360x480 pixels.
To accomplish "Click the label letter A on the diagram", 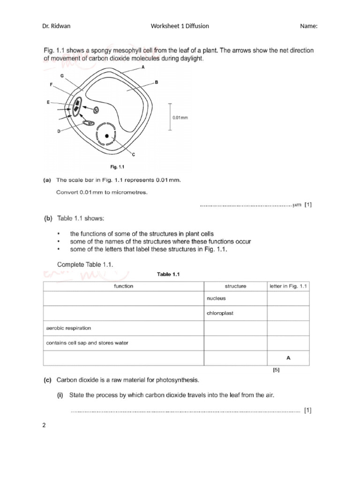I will [x=143, y=67].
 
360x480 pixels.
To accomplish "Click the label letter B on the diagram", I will [x=157, y=82].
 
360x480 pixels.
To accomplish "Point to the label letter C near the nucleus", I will [x=134, y=154].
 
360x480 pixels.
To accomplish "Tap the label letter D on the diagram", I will [x=59, y=132].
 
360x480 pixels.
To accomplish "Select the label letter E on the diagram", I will [x=48, y=102].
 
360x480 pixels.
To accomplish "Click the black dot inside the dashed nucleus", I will [x=107, y=135].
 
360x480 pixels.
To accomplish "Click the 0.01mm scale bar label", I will [x=180, y=118].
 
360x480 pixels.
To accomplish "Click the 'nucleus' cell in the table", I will [x=216, y=298].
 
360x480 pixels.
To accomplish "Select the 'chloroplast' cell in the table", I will [x=220, y=313].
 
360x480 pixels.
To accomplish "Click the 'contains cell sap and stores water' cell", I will [x=87, y=343].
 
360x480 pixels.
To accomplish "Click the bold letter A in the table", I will [x=288, y=358].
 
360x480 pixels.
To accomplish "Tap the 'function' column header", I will [x=123, y=286].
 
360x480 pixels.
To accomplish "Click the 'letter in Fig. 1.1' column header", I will [x=288, y=286].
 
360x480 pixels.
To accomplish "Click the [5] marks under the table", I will [x=276, y=370].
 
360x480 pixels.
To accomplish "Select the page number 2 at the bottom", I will [x=44, y=426].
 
